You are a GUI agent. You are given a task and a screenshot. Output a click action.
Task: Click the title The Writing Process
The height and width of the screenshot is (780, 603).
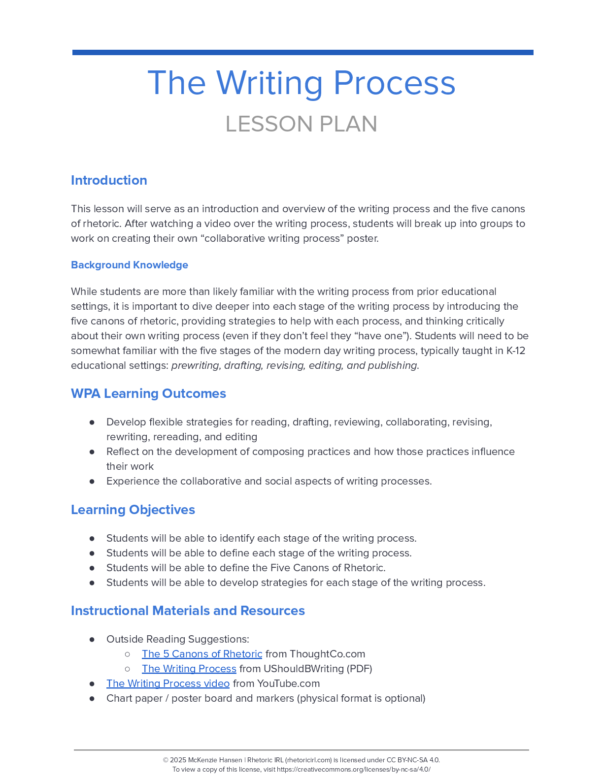301,83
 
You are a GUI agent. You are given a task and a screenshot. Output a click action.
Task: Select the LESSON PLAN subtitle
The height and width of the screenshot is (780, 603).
301,124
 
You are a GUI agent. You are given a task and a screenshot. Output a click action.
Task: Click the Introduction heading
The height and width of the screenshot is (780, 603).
109,180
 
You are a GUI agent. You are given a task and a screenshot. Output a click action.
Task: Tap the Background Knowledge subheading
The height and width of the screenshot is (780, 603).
130,265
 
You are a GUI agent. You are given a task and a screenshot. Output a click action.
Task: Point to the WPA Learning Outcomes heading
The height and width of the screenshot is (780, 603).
148,393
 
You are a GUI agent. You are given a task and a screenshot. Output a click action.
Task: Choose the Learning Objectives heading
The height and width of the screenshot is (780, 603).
133,510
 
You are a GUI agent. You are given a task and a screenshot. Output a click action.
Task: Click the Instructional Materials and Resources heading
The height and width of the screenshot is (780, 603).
188,611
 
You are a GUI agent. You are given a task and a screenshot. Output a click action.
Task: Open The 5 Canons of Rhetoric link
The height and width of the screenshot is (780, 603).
202,654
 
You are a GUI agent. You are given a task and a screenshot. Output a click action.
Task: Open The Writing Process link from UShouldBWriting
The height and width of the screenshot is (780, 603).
189,669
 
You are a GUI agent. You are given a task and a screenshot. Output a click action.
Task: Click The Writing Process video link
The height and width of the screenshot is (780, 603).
168,683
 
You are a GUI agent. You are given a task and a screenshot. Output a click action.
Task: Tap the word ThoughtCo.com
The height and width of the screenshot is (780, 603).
327,654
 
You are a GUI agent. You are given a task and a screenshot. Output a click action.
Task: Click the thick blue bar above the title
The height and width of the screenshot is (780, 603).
302,52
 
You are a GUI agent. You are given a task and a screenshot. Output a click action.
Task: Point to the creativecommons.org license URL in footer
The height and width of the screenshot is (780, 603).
353,769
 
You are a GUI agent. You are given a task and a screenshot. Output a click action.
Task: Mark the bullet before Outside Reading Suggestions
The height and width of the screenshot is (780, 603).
92,639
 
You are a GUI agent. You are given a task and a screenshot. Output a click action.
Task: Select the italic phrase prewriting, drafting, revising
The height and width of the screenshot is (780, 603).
238,365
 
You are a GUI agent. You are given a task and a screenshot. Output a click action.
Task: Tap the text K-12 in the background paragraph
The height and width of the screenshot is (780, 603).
516,351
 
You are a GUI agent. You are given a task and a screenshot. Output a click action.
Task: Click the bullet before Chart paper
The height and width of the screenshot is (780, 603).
92,698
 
